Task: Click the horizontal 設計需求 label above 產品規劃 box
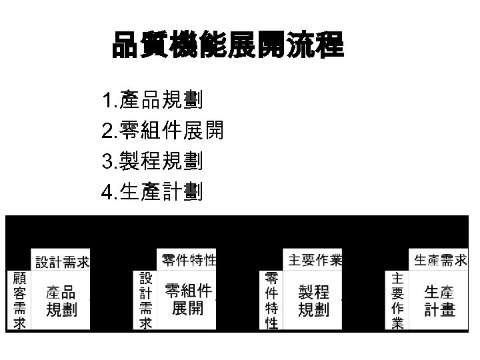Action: point(63,262)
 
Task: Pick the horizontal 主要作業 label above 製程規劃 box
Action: point(315,259)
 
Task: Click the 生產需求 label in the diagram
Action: point(440,259)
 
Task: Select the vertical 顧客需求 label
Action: point(19,301)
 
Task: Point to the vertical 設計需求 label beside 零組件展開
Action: point(145,300)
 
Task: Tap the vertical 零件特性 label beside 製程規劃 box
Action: point(271,301)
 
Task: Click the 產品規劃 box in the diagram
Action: point(61,301)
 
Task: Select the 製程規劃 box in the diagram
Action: point(313,301)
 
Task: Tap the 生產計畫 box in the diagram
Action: point(439,301)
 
